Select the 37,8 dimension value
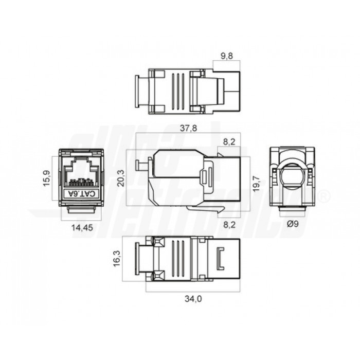[188, 129]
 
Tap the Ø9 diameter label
[293, 223]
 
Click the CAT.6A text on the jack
[82, 193]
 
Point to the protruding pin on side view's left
[139, 165]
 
